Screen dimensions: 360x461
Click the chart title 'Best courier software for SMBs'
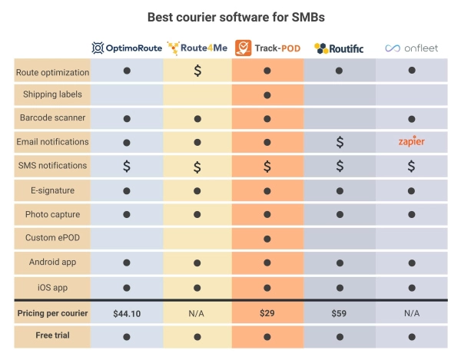click(230, 16)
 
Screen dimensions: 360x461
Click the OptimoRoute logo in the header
click(126, 48)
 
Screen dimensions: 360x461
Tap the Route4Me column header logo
click(197, 48)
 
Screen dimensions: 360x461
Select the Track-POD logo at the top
click(267, 48)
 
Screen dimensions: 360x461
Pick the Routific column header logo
click(339, 48)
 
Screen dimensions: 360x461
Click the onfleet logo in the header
click(412, 48)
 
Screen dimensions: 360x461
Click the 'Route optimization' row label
click(52, 73)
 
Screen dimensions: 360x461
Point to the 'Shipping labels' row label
click(52, 95)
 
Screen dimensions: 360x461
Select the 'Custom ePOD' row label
click(52, 238)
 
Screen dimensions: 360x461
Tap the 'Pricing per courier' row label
click(52, 313)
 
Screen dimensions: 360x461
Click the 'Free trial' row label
click(52, 335)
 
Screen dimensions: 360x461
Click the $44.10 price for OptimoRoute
click(126, 313)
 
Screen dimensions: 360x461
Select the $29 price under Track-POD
click(267, 313)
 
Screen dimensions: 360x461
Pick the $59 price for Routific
click(339, 313)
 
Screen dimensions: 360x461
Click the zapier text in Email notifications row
click(412, 142)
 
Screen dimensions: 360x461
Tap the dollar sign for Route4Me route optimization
click(197, 71)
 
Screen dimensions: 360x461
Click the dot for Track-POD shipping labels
click(267, 95)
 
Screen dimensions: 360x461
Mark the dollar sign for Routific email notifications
click(339, 142)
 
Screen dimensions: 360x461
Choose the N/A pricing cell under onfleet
click(412, 313)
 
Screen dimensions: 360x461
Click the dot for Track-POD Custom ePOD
click(267, 238)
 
